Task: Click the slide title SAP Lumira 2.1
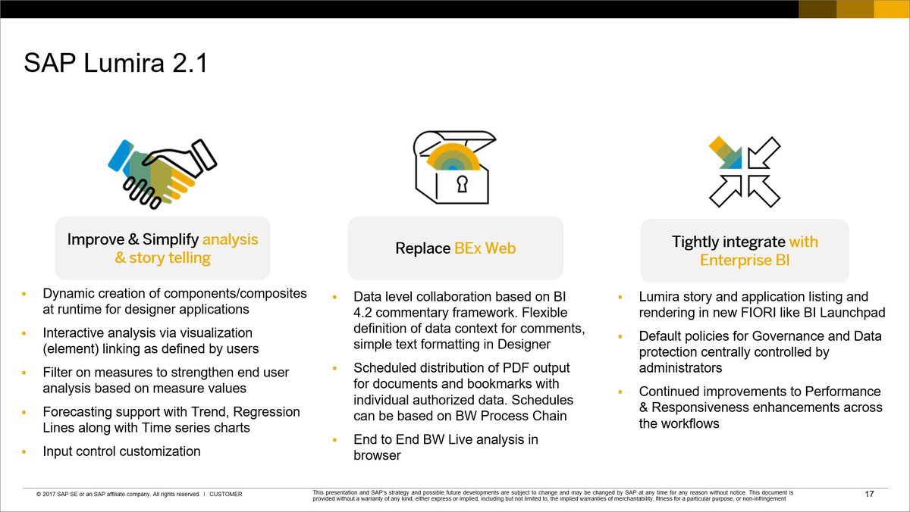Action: [115, 63]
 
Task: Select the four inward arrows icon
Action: [744, 170]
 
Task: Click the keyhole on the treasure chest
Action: [461, 184]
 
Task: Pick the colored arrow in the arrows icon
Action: [724, 152]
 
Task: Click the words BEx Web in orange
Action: [485, 248]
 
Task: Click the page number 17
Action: [869, 495]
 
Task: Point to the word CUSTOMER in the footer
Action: [225, 495]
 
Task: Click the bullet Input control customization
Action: [121, 451]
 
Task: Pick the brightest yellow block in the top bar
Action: [892, 9]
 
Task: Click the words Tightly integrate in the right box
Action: [717, 242]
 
